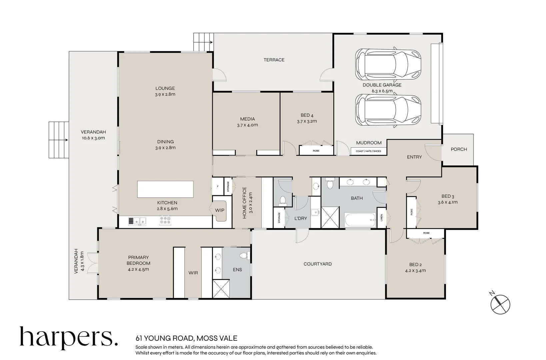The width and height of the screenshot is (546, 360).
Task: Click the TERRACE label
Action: (274, 60)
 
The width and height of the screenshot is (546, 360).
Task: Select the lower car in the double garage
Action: (388, 110)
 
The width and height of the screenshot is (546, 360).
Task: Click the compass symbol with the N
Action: (500, 303)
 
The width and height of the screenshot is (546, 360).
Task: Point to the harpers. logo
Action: (69, 338)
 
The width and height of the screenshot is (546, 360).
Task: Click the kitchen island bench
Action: (165, 189)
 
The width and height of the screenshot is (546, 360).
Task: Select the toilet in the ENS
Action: (244, 256)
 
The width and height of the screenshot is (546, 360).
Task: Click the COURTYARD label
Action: (317, 264)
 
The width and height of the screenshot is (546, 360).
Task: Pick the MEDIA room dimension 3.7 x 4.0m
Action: (247, 125)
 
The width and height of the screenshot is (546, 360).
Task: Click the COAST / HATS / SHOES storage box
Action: (368, 151)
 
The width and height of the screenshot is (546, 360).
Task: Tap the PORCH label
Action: (459, 149)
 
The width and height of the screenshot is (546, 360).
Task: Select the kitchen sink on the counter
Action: (137, 221)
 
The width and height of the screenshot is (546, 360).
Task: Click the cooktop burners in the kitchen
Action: (165, 221)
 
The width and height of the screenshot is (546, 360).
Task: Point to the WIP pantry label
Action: (220, 210)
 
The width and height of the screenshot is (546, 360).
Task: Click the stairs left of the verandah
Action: (59, 140)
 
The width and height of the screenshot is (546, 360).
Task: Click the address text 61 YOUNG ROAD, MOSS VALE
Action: (186, 338)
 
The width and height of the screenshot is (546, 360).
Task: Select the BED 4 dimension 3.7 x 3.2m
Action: (307, 121)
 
